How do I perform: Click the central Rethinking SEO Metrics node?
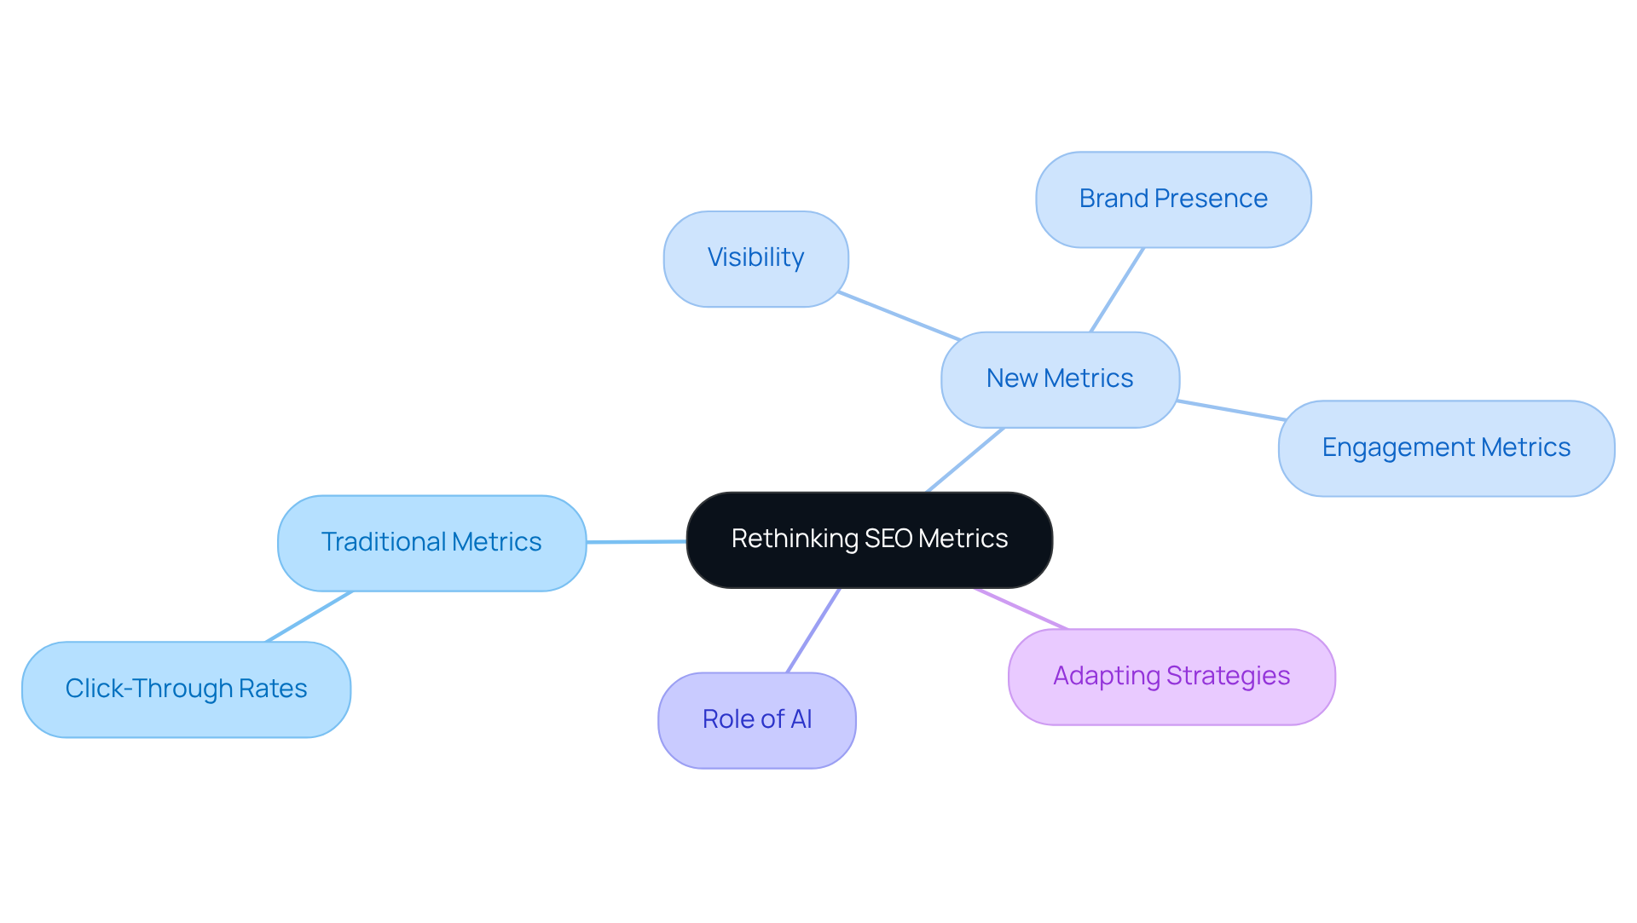pos(869,539)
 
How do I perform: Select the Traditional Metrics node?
pos(431,543)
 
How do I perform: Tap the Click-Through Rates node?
pos(186,689)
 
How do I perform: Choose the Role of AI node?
pos(756,720)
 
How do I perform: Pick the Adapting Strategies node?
pos(1171,677)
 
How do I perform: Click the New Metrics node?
pos(1059,379)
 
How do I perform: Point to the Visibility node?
pos(755,258)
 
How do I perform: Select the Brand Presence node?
pos(1172,199)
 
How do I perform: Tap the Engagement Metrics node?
pos(1445,448)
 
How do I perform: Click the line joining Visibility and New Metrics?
pos(899,315)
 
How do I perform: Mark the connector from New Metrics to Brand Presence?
pos(1117,290)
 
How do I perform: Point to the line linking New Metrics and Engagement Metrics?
pos(1230,410)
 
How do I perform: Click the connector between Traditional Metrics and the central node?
pos(636,541)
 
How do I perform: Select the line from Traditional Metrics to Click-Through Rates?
pos(309,616)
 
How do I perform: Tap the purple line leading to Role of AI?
pos(813,630)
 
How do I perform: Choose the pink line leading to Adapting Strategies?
pos(1020,609)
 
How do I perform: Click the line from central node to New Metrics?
pos(965,459)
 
